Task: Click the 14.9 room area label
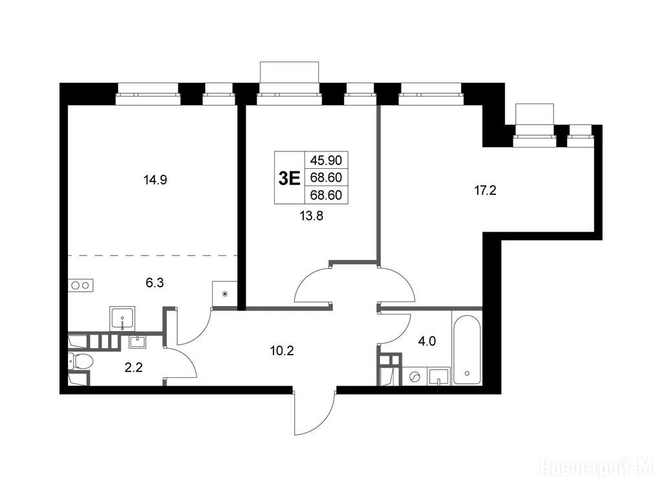tap(155, 181)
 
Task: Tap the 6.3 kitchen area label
tap(155, 283)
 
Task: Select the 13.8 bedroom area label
tap(311, 216)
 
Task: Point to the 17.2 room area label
tap(485, 191)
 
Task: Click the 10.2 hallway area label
tap(282, 350)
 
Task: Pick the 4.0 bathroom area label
tap(427, 341)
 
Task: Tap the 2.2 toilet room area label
tap(133, 368)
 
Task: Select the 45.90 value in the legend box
tap(326, 160)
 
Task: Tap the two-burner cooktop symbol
tap(81, 285)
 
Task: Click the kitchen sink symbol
tap(122, 318)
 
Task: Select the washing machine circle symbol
tap(415, 376)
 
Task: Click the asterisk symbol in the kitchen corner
tap(224, 294)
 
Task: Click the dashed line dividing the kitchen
tap(153, 256)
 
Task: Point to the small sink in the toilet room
tap(137, 342)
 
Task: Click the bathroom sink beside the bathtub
tap(440, 376)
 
